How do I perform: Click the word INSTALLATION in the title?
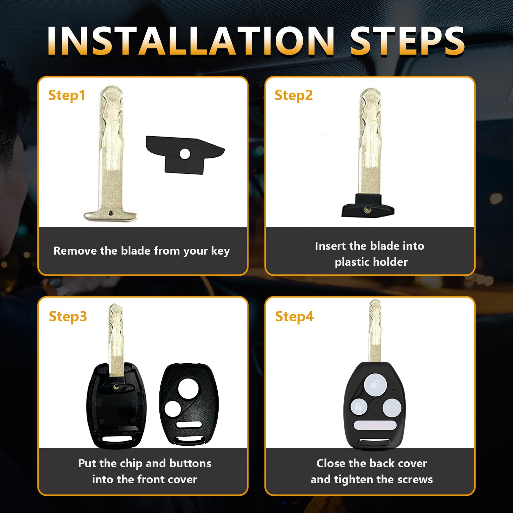pyautogui.click(x=191, y=41)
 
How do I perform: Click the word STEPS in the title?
pyautogui.click(x=407, y=41)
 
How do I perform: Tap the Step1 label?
pyautogui.click(x=67, y=96)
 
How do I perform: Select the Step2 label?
pyautogui.click(x=294, y=96)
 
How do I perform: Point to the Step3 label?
pyautogui.click(x=68, y=317)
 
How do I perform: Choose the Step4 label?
pyautogui.click(x=294, y=317)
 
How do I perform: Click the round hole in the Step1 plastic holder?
pyautogui.click(x=185, y=154)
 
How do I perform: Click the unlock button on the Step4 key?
pyautogui.click(x=375, y=384)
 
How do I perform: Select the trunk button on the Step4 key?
pyautogui.click(x=391, y=408)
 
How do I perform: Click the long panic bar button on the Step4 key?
pyautogui.click(x=375, y=425)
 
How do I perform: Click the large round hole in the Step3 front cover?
pyautogui.click(x=188, y=389)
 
